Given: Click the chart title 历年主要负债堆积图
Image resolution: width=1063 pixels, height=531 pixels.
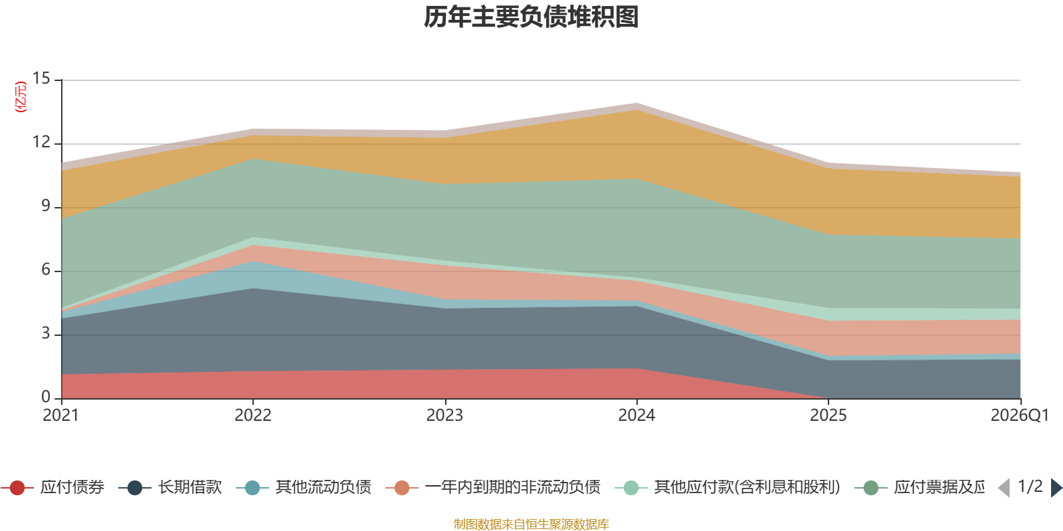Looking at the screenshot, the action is point(531,17).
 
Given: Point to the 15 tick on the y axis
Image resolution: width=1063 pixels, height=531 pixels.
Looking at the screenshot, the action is point(41,78).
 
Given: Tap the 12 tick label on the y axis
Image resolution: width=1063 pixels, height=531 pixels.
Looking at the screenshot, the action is point(41,142).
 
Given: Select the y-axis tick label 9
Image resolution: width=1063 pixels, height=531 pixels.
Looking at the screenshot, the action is point(46,206).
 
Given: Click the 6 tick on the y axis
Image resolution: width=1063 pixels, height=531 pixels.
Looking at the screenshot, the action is point(46,269).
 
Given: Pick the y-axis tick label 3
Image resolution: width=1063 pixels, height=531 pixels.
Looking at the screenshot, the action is point(46,333).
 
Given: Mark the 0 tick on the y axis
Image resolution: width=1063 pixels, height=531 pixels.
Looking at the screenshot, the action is point(46,397).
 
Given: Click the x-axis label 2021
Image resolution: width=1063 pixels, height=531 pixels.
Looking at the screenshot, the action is point(60,416).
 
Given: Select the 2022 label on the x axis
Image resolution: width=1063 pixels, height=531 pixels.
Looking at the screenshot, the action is point(253,416).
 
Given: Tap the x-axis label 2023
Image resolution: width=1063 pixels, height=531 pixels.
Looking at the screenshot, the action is point(444,416).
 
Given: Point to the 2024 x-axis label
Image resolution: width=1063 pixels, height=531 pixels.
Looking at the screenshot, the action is point(636,416).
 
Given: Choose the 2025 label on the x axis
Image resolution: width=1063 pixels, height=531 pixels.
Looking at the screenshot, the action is point(828,416).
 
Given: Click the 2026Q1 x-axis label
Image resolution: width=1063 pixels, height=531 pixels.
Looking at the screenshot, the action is point(1020,416).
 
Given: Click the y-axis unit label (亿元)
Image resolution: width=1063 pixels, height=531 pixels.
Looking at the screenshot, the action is point(21,97).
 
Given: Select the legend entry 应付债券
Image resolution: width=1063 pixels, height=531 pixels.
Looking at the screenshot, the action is point(52,487).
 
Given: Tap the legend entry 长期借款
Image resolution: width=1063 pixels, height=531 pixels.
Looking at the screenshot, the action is point(170,487).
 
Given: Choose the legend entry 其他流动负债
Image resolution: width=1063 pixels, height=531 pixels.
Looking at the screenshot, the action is point(304,487).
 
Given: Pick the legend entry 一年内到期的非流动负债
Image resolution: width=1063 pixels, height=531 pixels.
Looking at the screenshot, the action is point(494,487).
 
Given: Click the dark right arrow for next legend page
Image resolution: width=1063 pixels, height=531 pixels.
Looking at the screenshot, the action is point(1056,488).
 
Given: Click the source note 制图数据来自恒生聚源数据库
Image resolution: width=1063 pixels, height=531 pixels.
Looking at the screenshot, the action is point(531,524).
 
